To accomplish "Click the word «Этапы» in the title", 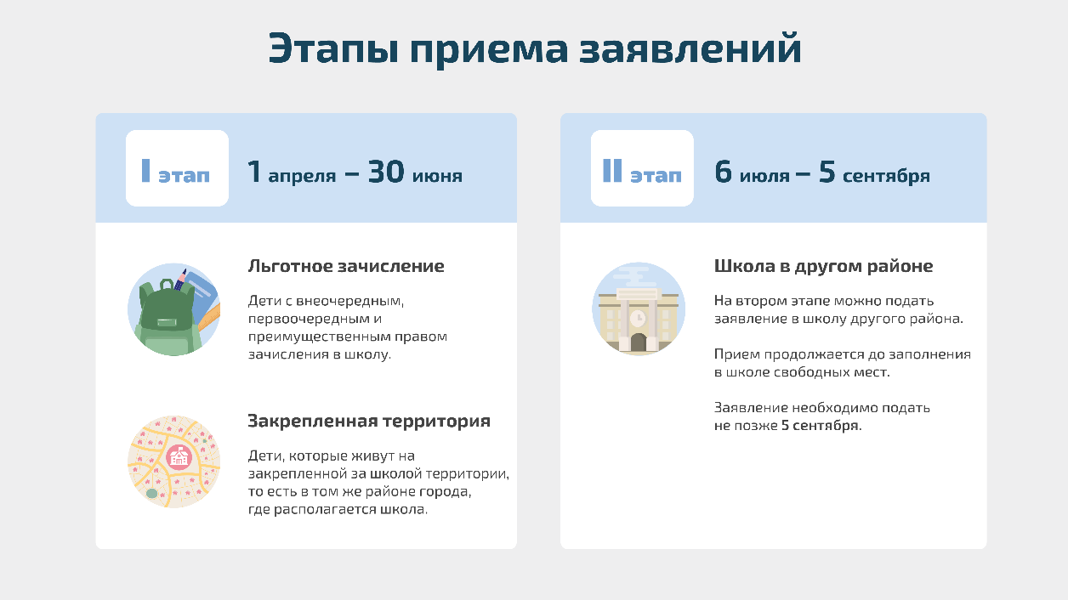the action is tap(333, 48).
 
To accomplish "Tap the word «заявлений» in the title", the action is tap(690, 48).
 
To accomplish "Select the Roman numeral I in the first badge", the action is tap(146, 170).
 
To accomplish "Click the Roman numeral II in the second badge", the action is tap(612, 170).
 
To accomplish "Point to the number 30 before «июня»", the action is tap(386, 172).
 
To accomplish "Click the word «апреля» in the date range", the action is tap(302, 176).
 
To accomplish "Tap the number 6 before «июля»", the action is tap(723, 172).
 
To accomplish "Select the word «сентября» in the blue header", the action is tap(886, 176).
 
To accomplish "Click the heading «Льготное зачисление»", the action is tap(346, 266).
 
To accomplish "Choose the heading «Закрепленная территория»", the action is tap(369, 421).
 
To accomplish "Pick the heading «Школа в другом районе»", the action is tap(823, 266).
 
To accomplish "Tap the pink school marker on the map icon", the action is tap(179, 457).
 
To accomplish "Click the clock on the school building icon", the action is tap(638, 318).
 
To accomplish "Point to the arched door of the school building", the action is tap(639, 342).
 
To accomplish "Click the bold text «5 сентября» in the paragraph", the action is tap(821, 426).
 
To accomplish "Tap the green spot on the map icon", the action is tap(151, 493).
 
